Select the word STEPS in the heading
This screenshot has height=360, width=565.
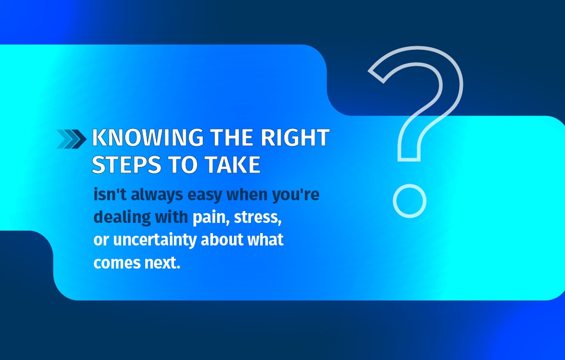(x=126, y=165)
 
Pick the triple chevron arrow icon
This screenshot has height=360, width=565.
(x=71, y=139)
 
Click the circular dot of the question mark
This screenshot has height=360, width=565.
(x=410, y=201)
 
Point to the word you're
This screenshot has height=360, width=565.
(x=296, y=195)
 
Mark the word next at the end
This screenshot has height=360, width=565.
(x=162, y=263)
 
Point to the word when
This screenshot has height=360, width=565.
(x=247, y=195)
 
